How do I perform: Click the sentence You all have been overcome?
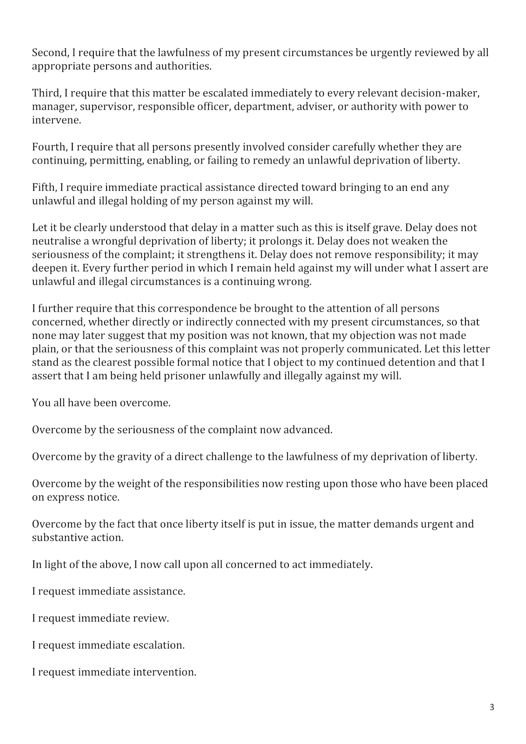(x=101, y=403)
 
